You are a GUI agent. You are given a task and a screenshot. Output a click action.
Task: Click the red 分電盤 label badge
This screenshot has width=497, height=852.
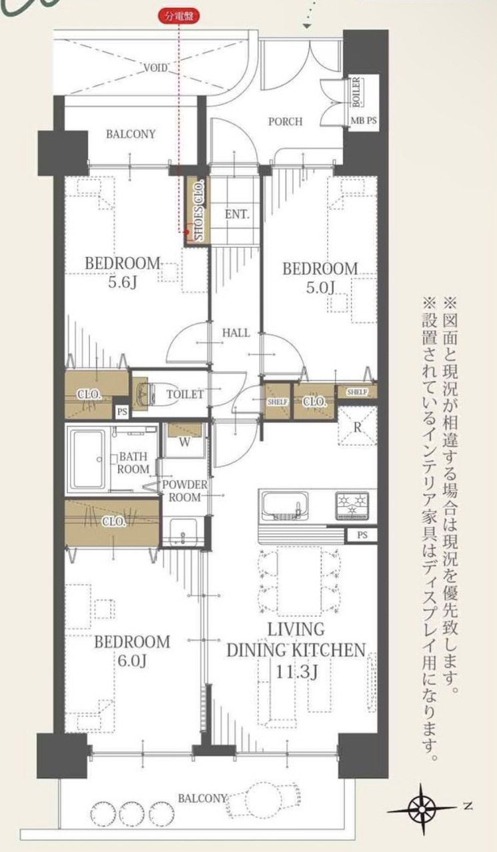point(178,17)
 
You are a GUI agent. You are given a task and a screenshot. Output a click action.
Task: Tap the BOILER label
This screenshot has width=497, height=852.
point(356,92)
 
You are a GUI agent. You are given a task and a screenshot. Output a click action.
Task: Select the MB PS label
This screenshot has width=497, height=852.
point(364,121)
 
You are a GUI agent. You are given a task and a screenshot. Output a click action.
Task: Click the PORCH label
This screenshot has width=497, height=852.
point(286,122)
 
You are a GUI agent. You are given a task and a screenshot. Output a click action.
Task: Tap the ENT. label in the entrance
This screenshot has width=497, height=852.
point(237,214)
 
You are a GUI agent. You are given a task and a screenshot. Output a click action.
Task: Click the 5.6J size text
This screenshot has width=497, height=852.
point(122,282)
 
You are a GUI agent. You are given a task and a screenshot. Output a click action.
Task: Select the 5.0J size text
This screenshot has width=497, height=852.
point(320,288)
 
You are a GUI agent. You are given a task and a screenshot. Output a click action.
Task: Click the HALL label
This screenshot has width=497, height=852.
point(236,333)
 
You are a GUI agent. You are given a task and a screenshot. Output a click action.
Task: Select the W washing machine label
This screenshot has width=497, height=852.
point(185,442)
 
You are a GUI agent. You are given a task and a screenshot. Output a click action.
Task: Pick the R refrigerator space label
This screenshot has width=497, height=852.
point(357,427)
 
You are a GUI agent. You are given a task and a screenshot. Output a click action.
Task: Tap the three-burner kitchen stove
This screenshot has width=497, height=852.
point(352,506)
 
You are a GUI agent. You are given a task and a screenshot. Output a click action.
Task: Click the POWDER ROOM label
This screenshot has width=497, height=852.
point(185,491)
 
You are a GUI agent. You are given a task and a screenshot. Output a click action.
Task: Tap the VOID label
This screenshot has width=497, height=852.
point(155,68)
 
